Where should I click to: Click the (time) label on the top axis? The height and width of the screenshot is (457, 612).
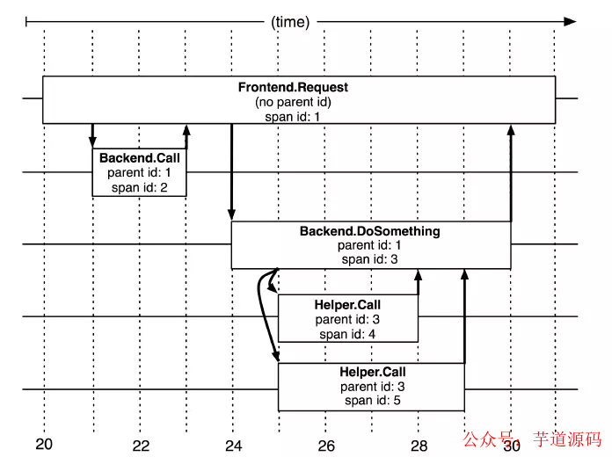point(290,22)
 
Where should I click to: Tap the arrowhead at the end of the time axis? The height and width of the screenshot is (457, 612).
point(570,22)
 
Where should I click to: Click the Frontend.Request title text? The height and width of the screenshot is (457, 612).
point(293,87)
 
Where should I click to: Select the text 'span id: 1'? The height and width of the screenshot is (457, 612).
point(292,117)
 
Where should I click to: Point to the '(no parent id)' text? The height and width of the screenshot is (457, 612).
point(293,102)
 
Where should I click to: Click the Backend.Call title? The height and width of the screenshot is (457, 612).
point(140,157)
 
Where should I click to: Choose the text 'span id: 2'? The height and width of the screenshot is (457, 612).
point(139,188)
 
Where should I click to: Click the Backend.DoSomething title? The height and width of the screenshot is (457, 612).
point(370,231)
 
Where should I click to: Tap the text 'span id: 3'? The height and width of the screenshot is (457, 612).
point(369,259)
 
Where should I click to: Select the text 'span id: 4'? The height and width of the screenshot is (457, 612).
point(347,335)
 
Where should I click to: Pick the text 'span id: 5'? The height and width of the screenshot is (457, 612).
point(373,401)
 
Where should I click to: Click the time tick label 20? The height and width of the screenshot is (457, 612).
point(44,444)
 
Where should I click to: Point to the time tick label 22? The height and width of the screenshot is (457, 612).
point(141,446)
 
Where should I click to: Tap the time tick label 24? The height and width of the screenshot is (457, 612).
point(233,446)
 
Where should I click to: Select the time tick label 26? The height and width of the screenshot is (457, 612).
point(326,446)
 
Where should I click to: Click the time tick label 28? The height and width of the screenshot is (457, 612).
point(419,446)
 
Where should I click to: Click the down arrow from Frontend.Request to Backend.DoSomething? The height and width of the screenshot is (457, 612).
point(232,172)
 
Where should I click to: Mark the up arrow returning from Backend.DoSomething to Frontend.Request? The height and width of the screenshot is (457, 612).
point(511,173)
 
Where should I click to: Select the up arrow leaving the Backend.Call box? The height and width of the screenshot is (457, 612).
point(186,136)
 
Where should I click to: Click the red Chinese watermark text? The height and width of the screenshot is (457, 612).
point(532,439)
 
